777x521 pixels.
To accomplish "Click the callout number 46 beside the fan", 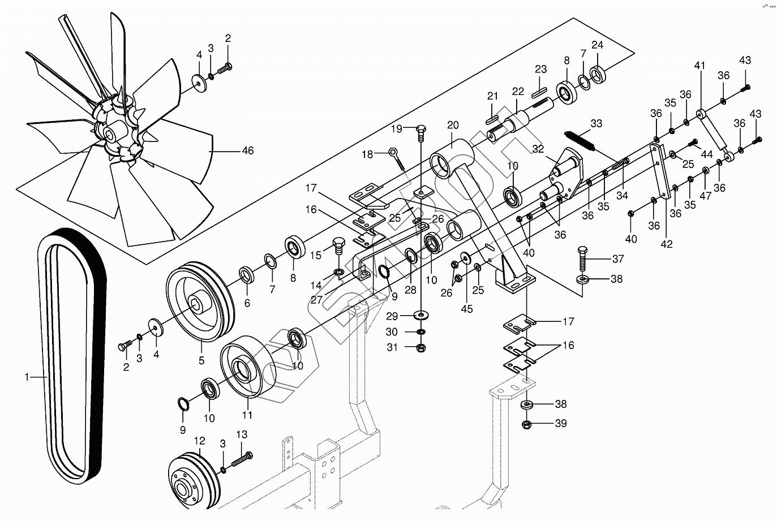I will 247,151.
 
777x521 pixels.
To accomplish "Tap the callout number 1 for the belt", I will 27,376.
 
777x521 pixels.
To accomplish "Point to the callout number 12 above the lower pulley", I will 199,440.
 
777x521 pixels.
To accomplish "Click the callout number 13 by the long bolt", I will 242,434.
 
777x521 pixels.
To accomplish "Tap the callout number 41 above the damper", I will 699,66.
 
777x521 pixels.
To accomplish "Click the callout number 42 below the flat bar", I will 667,244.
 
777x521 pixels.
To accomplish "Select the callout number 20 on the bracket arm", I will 452,126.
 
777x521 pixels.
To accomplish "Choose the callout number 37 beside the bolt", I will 617,259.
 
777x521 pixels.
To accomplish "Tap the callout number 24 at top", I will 598,45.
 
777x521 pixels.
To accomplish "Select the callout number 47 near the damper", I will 705,195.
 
